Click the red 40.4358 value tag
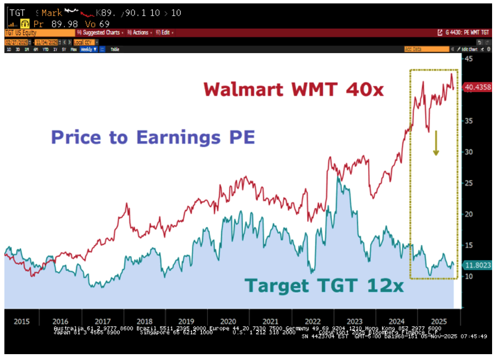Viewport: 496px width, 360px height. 477,87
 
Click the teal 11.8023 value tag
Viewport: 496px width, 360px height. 477,265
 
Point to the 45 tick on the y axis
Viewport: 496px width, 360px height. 469,59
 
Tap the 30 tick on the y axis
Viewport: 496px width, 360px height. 469,152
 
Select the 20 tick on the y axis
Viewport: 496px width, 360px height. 469,214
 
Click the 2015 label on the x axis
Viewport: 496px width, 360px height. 21,321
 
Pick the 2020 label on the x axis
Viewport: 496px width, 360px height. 229,321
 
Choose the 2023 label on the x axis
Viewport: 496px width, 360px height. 354,321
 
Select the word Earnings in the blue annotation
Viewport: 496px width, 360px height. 180,137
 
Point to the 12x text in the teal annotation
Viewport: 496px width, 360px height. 388,285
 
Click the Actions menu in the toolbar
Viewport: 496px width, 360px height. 140,33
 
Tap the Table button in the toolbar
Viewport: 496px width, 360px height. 115,49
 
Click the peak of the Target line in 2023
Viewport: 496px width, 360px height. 338,178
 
